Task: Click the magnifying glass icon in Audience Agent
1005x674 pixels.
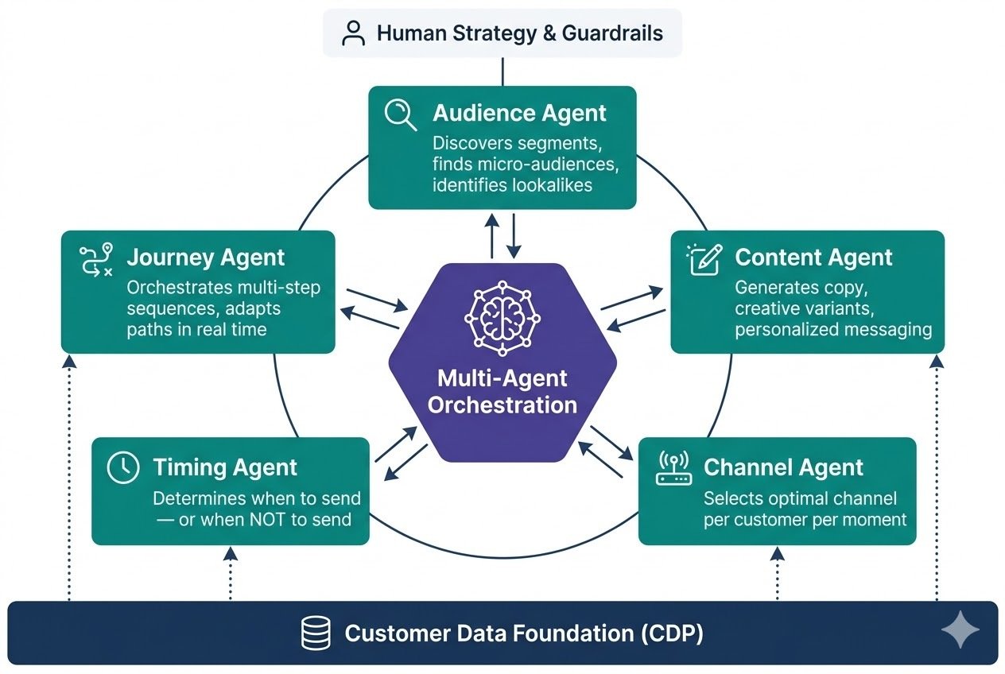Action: click(x=400, y=114)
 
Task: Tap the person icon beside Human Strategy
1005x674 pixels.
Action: click(x=352, y=33)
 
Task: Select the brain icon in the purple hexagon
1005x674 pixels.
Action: click(x=502, y=314)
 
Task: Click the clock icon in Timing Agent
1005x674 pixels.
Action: click(x=123, y=467)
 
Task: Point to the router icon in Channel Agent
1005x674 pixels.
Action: click(x=673, y=468)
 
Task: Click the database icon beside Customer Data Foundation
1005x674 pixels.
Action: click(x=316, y=633)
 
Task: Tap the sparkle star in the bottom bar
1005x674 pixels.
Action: click(x=960, y=631)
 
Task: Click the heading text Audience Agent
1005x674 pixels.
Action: click(x=519, y=113)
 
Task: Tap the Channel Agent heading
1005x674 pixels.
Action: click(x=783, y=467)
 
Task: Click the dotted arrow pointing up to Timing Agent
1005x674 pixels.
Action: click(x=230, y=573)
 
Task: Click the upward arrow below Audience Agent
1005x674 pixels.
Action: click(x=492, y=235)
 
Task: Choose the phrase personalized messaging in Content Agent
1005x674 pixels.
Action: click(x=832, y=329)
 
